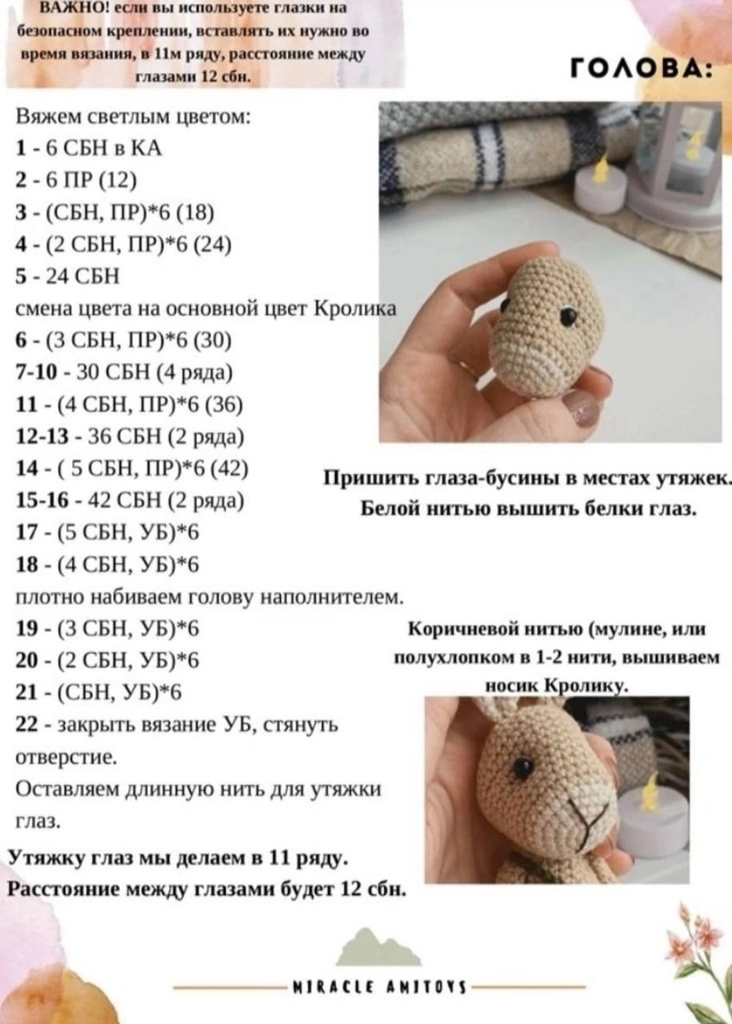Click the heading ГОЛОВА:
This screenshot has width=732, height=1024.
[x=641, y=70]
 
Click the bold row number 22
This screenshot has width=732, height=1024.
[x=26, y=725]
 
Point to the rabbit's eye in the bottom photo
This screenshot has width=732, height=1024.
[x=523, y=768]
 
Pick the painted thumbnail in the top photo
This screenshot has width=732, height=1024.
[x=581, y=409]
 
